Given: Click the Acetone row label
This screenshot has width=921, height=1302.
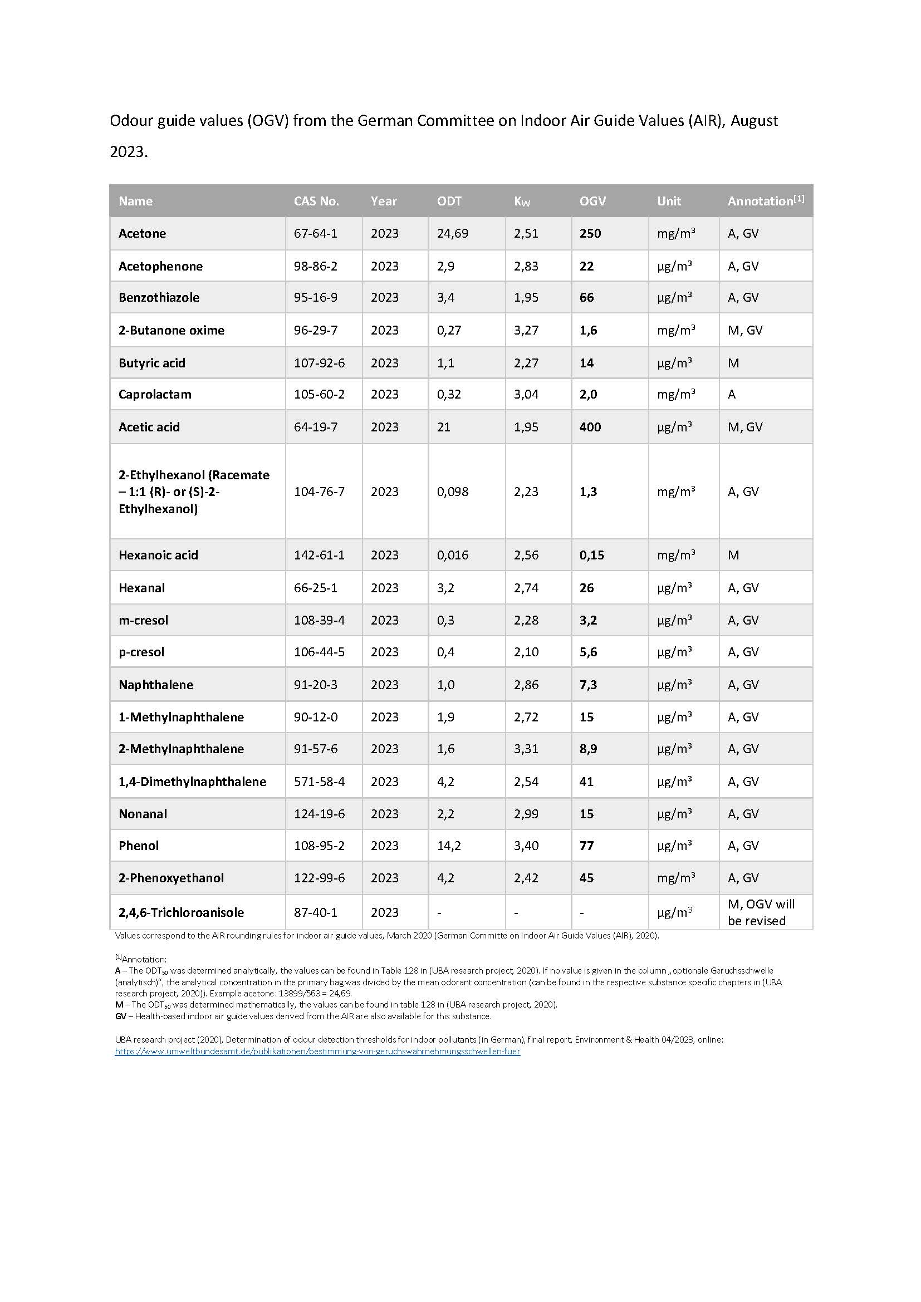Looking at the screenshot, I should click(143, 233).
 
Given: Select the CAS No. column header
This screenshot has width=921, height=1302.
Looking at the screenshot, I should click(316, 201).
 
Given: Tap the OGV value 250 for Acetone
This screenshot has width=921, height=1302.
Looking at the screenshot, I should click(590, 233).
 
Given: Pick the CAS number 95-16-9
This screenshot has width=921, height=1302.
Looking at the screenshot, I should click(315, 297).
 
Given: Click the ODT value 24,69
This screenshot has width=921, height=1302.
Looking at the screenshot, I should click(452, 233).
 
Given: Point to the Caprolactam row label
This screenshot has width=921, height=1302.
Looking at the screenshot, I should click(155, 394).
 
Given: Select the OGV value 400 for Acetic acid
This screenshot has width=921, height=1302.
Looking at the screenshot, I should click(590, 427).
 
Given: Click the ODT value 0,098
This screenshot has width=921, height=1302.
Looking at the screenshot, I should click(452, 492).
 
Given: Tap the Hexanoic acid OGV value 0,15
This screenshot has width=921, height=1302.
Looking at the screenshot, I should click(591, 555).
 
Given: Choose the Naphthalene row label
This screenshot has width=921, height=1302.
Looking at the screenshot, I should click(156, 685).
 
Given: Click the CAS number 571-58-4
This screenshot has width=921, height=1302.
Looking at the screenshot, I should click(319, 782).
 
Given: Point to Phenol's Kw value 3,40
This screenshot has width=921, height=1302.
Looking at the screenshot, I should click(526, 846).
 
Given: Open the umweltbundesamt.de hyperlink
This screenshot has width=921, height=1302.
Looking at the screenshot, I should click(317, 1051).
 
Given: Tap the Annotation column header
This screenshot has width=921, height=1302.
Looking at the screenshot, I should click(765, 201).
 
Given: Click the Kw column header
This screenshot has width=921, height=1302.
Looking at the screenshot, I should click(522, 202).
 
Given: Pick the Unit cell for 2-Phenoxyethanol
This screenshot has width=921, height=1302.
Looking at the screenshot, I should click(675, 878).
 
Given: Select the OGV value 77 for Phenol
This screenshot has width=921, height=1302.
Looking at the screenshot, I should click(586, 846).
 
